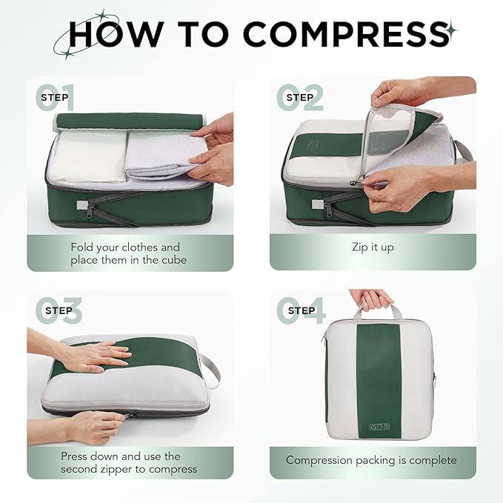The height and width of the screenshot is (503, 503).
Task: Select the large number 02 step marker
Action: [300, 98]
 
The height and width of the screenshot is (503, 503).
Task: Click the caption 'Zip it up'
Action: [373, 247]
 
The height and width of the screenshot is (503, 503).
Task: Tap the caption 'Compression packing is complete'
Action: [372, 460]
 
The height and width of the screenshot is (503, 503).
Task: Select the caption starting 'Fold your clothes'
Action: [125, 253]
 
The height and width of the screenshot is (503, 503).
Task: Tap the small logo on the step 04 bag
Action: [378, 426]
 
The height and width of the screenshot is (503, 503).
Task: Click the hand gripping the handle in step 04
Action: [373, 299]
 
